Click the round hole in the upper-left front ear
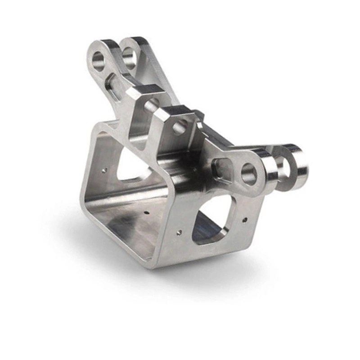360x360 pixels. (99, 61)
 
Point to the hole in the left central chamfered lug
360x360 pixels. (152, 106)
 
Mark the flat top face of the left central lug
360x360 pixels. (143, 90)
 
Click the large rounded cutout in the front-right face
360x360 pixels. (211, 220)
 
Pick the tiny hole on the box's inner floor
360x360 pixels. (147, 211)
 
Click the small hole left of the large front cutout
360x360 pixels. (179, 232)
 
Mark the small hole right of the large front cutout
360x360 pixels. (245, 220)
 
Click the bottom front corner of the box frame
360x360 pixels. (153, 265)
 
